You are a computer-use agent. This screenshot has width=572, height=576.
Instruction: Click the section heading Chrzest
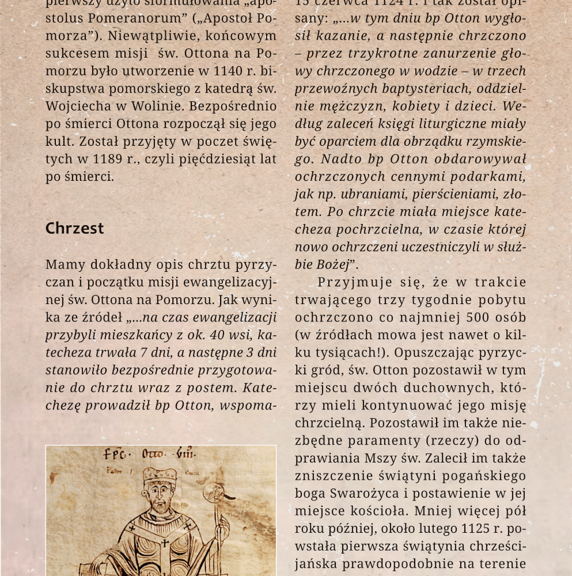click(74, 228)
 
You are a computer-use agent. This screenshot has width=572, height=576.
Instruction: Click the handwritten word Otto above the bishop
click(153, 454)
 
